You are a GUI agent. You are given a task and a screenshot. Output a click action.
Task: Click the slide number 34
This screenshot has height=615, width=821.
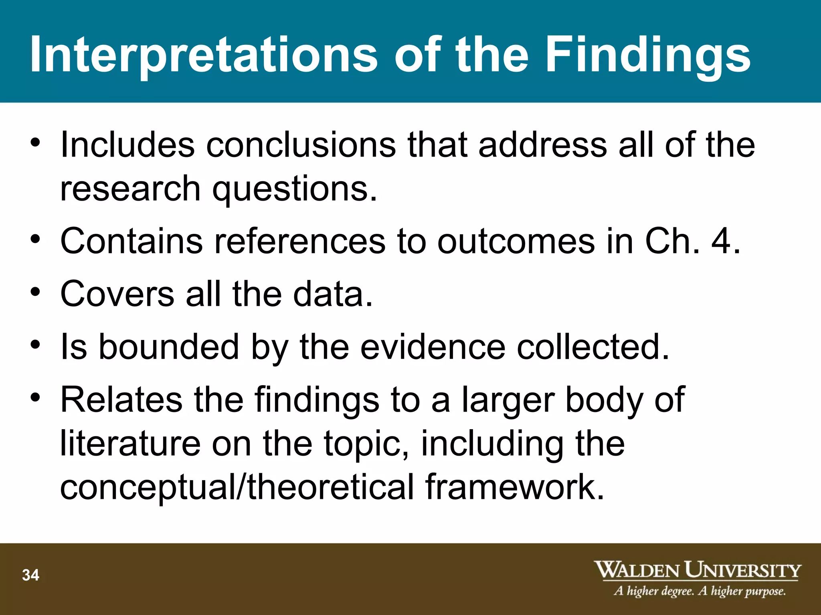click(x=31, y=575)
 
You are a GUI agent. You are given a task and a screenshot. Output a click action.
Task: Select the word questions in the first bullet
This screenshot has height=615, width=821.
click(x=295, y=189)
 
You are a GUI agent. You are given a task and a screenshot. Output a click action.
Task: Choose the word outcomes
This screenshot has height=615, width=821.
click(x=516, y=241)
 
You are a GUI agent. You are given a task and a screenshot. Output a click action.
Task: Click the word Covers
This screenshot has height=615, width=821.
click(x=117, y=294)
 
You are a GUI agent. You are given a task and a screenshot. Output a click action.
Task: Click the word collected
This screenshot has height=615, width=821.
click(x=592, y=347)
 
